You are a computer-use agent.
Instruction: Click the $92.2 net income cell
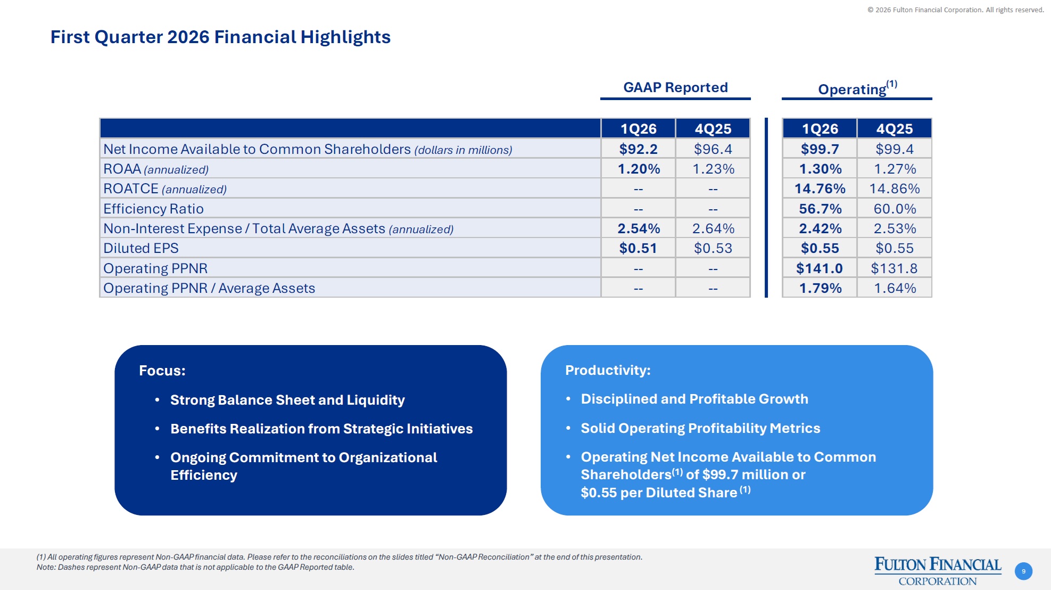click(638, 149)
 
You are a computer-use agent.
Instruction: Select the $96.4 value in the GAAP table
click(713, 149)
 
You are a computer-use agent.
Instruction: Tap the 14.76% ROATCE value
click(820, 189)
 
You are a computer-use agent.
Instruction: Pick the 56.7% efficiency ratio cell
click(820, 209)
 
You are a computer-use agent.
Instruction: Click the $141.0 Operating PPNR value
click(819, 268)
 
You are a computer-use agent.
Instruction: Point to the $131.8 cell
click(894, 268)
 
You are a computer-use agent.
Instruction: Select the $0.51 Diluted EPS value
click(638, 248)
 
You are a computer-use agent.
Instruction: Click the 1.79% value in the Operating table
click(820, 288)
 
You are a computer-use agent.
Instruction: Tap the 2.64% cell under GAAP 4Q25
click(713, 228)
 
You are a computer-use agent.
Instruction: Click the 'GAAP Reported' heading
click(675, 87)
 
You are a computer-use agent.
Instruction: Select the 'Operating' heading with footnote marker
click(857, 88)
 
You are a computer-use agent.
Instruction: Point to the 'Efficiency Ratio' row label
click(153, 209)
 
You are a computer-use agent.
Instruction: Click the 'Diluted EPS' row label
click(141, 248)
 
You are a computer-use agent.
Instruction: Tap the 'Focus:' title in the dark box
click(162, 371)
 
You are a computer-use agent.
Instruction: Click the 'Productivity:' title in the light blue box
click(608, 370)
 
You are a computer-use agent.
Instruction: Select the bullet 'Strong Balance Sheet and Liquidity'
click(287, 400)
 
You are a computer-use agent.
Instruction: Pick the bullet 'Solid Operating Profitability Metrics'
click(700, 428)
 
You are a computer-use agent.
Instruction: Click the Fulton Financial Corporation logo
click(938, 571)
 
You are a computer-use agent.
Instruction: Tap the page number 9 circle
click(1023, 571)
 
